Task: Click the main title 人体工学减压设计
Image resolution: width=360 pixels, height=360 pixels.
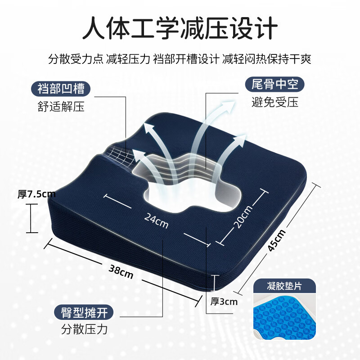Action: pos(180,28)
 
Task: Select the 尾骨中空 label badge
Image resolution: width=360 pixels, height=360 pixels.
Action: pos(274,84)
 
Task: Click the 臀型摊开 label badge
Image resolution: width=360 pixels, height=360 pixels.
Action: pos(81,312)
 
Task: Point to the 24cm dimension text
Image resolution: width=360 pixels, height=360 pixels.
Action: pos(156,220)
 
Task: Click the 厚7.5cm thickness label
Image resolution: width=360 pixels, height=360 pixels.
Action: pos(36,195)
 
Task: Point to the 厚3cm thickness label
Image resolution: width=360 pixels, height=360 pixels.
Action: pos(224,301)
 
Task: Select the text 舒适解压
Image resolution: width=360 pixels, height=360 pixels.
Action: pos(61,107)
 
